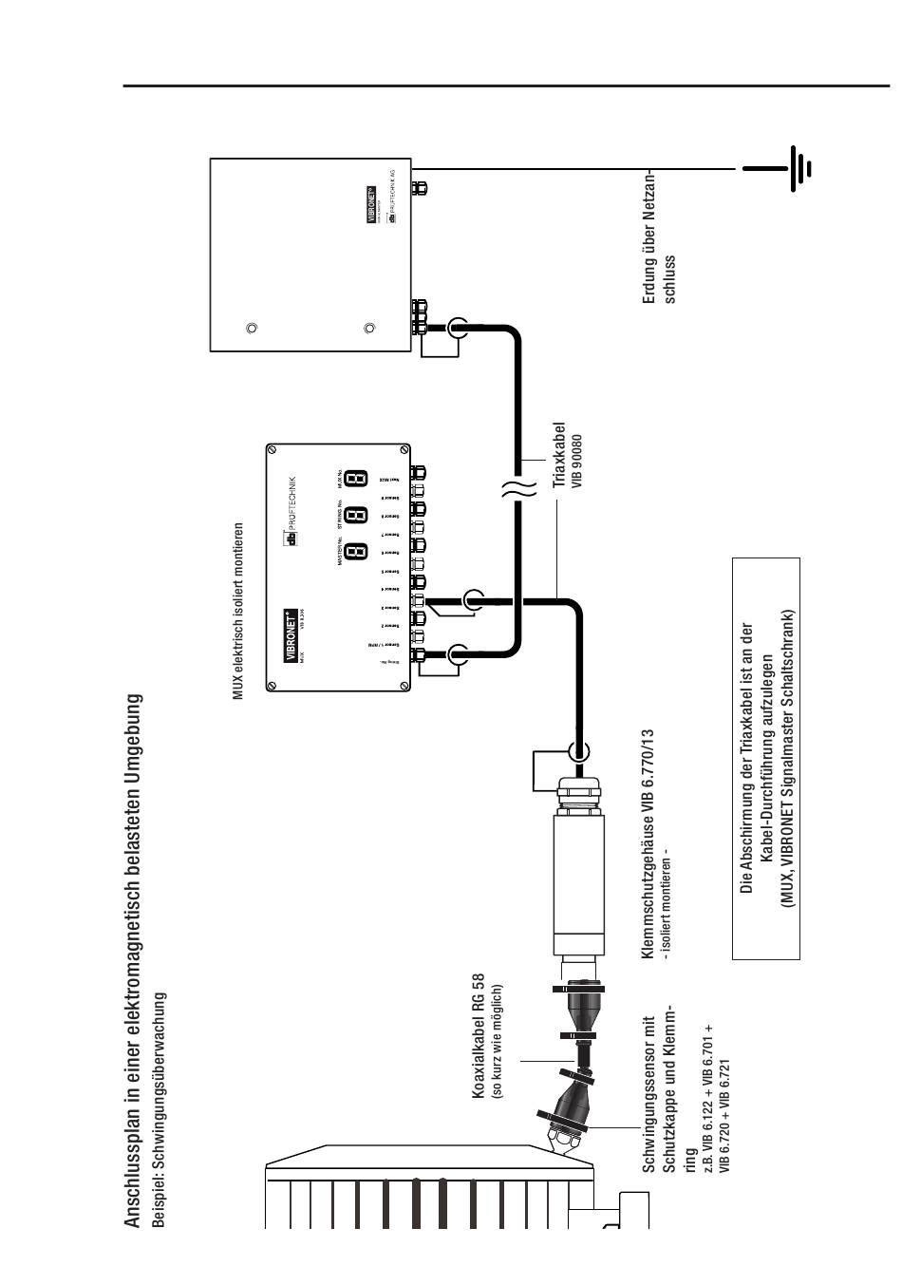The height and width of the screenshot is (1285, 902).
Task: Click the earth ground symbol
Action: (x=793, y=169)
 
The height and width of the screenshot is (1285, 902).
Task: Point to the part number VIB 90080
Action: (x=575, y=462)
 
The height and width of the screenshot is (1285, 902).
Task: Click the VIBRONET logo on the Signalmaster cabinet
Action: (x=373, y=204)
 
